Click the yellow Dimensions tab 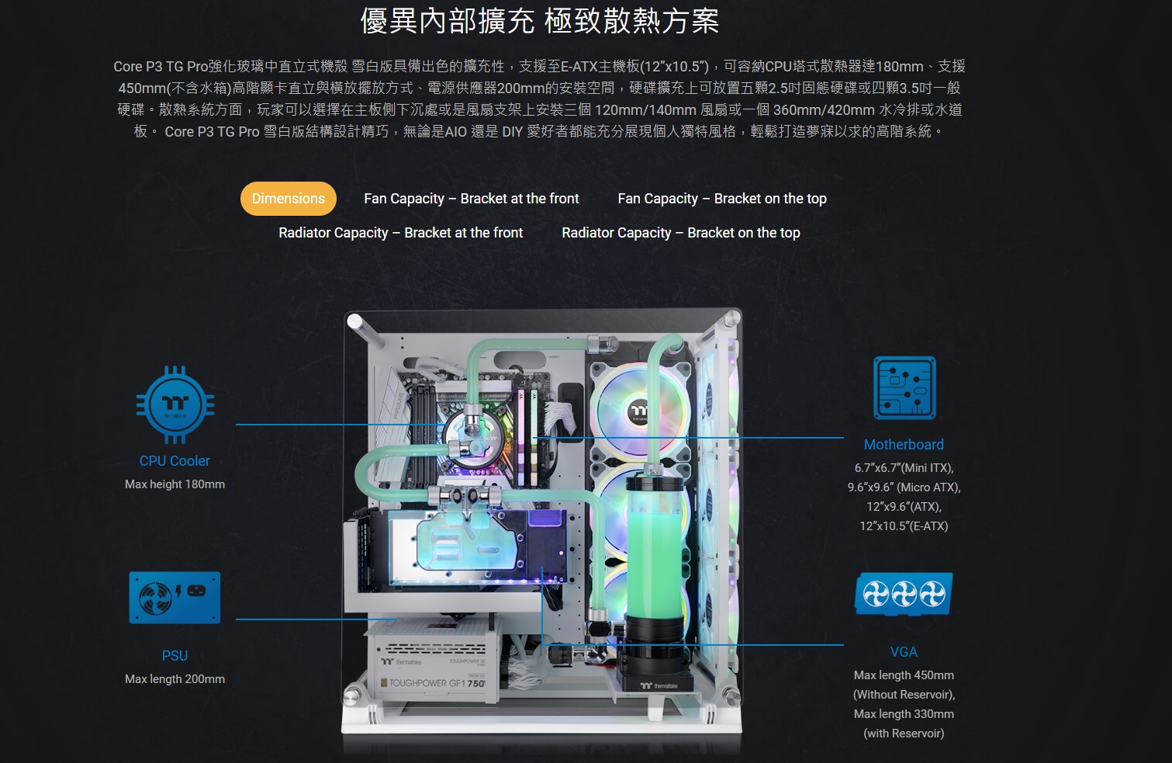pos(289,199)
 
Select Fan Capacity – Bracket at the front pos(472,199)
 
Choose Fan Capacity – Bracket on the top pos(722,199)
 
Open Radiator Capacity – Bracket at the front pos(401,233)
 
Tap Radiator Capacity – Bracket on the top pos(681,233)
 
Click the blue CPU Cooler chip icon pos(175,404)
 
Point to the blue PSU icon pos(175,598)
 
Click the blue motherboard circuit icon pos(904,387)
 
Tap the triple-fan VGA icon pos(904,594)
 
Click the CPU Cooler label pos(175,461)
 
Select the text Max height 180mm pos(175,484)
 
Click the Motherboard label pos(904,445)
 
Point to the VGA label pos(904,652)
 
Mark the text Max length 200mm pos(175,679)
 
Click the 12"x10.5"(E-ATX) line pos(904,525)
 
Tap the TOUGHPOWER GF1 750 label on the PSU pos(437,683)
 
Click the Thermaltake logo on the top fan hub pos(639,412)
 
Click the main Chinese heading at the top pos(540,21)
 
